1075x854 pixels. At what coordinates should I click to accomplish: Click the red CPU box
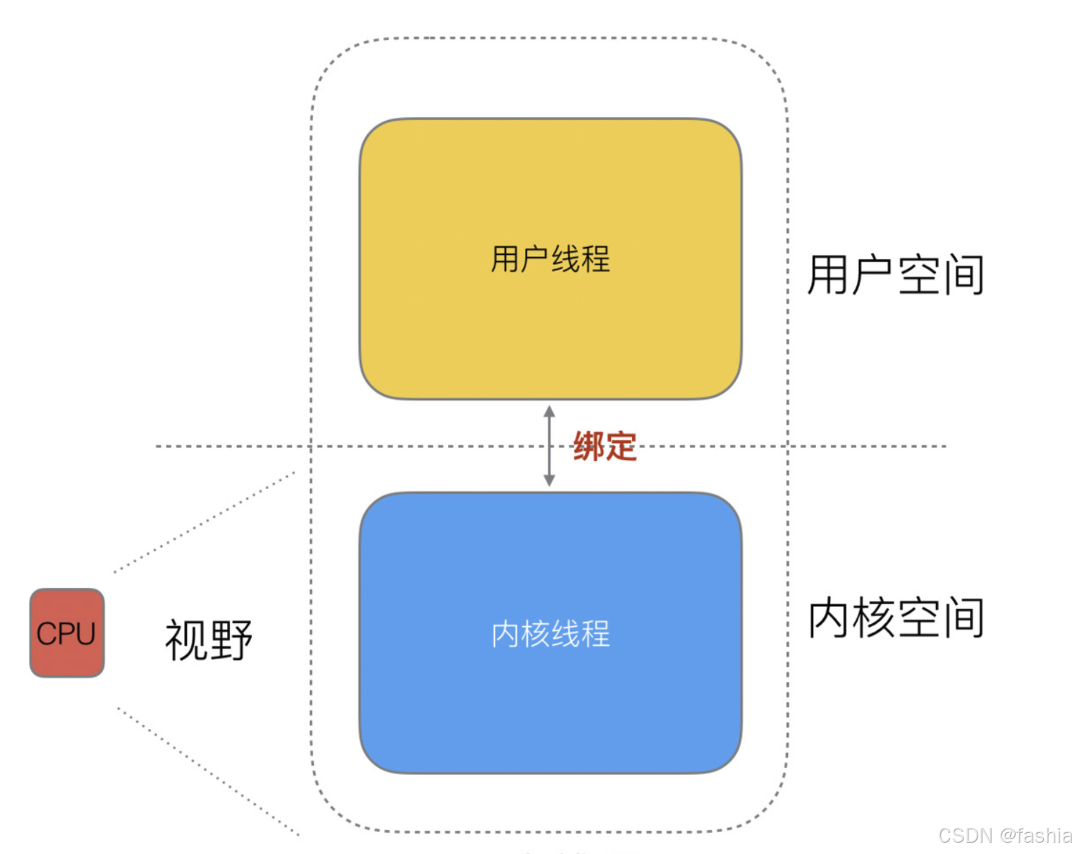point(67,633)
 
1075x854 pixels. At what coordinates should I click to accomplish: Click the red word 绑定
point(605,447)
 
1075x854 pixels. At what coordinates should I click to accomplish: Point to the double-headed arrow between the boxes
point(549,446)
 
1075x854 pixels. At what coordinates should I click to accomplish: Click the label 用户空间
point(896,275)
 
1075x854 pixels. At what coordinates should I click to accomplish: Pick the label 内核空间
point(896,618)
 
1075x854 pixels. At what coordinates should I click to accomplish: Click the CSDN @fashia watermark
point(1004,836)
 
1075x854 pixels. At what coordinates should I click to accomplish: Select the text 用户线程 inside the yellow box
point(550,259)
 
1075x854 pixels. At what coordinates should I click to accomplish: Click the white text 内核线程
point(550,634)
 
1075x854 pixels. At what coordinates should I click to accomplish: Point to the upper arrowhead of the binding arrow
point(549,411)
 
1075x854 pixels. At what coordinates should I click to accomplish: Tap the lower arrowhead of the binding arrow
point(549,481)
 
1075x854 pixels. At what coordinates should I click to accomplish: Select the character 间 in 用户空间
point(964,275)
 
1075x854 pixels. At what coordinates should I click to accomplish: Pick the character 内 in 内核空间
point(830,618)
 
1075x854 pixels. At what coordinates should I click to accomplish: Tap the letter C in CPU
point(47,634)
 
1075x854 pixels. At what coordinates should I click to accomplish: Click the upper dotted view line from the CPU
point(205,522)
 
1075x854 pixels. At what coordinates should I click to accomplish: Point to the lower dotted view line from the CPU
point(208,771)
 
